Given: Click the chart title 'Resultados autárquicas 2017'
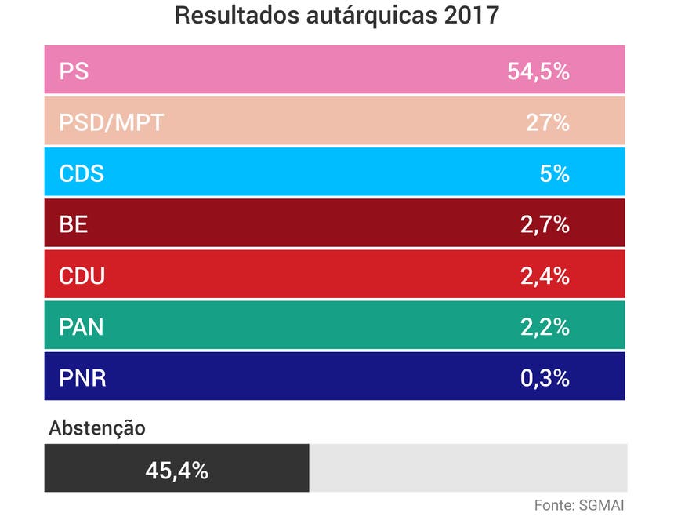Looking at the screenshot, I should coord(336,16).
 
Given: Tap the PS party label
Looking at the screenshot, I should coord(74,71).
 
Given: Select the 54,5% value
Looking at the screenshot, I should coord(538,71).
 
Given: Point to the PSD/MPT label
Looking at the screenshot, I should coord(111,122).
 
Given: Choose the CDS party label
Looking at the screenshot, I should coord(82,173).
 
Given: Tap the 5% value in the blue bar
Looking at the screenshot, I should coord(554,173).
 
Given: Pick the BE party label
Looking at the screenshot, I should coord(74,225).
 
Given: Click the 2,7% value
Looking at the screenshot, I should coord(544,225).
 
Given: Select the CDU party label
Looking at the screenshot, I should coord(82,276).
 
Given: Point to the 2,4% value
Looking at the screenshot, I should coord(544,276).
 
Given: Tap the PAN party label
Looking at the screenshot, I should coord(82,327).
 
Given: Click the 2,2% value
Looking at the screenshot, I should coord(544,327).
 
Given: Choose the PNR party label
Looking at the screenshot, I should coord(82,379).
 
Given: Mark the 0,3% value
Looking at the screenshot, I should coord(544,379).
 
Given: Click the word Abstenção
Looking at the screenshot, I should coord(97,428).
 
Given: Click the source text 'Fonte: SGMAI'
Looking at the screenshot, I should coord(579,504).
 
